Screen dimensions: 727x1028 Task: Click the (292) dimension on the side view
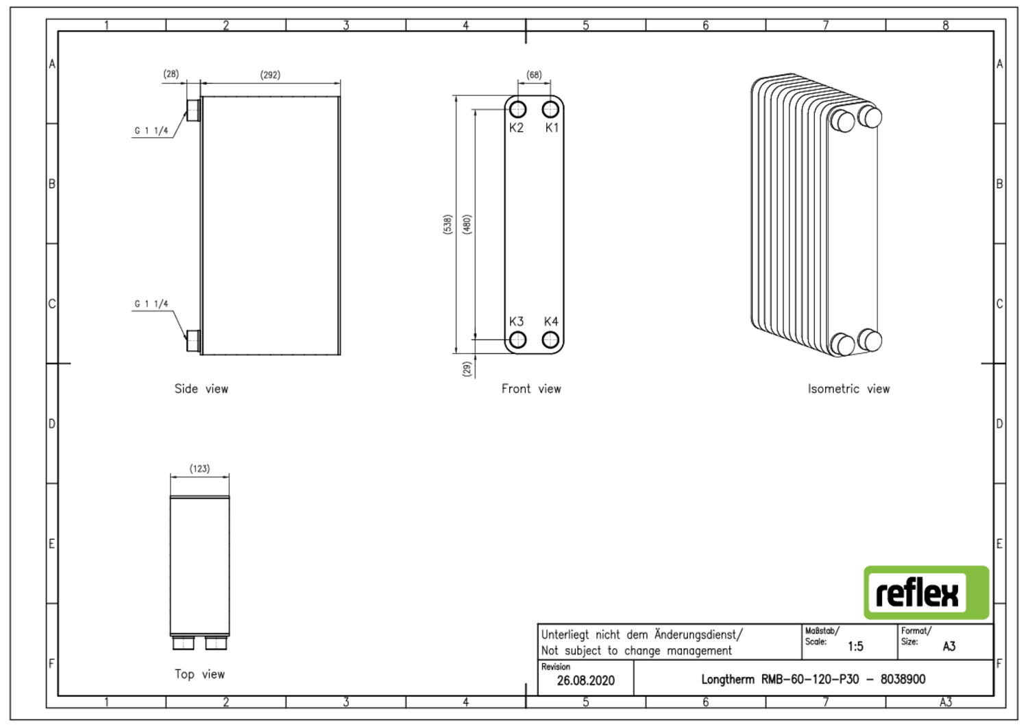[x=270, y=75]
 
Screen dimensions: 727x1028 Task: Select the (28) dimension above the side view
[x=171, y=73]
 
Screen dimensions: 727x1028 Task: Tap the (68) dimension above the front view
[x=534, y=75]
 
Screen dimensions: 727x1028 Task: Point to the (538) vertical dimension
[x=448, y=224]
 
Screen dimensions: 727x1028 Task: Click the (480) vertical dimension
[x=467, y=224]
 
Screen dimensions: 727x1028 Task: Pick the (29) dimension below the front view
[x=467, y=368]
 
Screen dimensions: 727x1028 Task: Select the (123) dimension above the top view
[x=199, y=468]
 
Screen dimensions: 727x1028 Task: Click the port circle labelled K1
[x=550, y=110]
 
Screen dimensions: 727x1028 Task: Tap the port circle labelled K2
[x=517, y=110]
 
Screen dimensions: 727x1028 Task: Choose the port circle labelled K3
[x=517, y=339]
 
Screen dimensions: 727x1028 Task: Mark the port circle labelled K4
[x=550, y=339]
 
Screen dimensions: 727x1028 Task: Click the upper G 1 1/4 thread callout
[x=151, y=130]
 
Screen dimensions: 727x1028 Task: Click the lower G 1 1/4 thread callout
[x=151, y=304]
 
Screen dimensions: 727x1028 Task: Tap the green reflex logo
[x=926, y=593]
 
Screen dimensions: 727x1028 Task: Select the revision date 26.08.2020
[x=585, y=680]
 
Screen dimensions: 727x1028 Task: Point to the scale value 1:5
[x=855, y=646]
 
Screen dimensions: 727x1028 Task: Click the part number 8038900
[x=903, y=679]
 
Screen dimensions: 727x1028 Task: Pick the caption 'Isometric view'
[x=848, y=389]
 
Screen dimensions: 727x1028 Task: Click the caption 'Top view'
[x=199, y=674]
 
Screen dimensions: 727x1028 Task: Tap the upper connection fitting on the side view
[x=193, y=110]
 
